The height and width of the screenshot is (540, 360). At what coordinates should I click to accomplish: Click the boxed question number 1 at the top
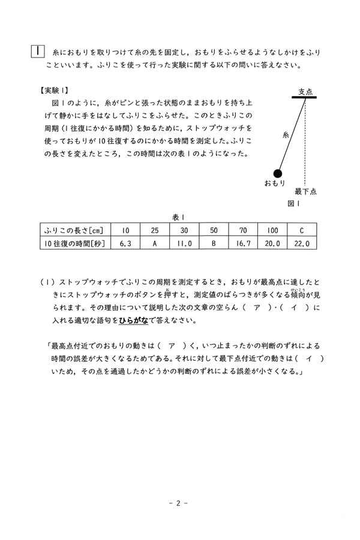[37, 52]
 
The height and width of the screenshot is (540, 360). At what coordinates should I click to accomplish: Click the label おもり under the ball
[274, 182]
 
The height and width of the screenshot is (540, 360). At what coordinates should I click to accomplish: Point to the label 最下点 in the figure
[304, 192]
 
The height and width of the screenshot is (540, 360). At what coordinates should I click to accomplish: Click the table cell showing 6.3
[125, 244]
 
